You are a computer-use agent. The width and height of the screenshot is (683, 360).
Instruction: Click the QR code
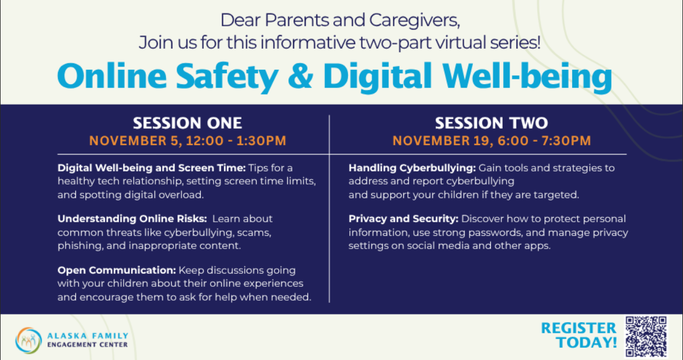646,336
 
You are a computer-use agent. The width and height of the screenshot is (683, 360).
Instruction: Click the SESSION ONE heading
187,123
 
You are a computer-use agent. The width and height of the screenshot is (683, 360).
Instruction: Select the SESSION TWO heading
491,123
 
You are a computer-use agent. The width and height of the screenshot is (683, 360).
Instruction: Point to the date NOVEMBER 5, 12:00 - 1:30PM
187,141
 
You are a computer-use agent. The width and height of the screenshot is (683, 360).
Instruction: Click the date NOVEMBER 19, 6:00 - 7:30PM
491,141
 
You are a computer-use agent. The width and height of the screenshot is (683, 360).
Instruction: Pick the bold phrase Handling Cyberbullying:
412,168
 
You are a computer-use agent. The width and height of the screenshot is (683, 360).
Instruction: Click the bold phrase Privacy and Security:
403,219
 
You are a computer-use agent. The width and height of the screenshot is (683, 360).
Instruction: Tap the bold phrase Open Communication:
117,271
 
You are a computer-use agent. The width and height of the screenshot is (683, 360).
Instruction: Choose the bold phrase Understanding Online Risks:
132,219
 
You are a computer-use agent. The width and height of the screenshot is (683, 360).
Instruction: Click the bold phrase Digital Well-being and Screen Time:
151,168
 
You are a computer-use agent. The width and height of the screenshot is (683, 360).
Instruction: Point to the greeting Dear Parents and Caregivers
340,21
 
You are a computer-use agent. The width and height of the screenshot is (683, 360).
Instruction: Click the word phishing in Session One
79,246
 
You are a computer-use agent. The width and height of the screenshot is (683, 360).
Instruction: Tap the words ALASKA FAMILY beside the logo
88,336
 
